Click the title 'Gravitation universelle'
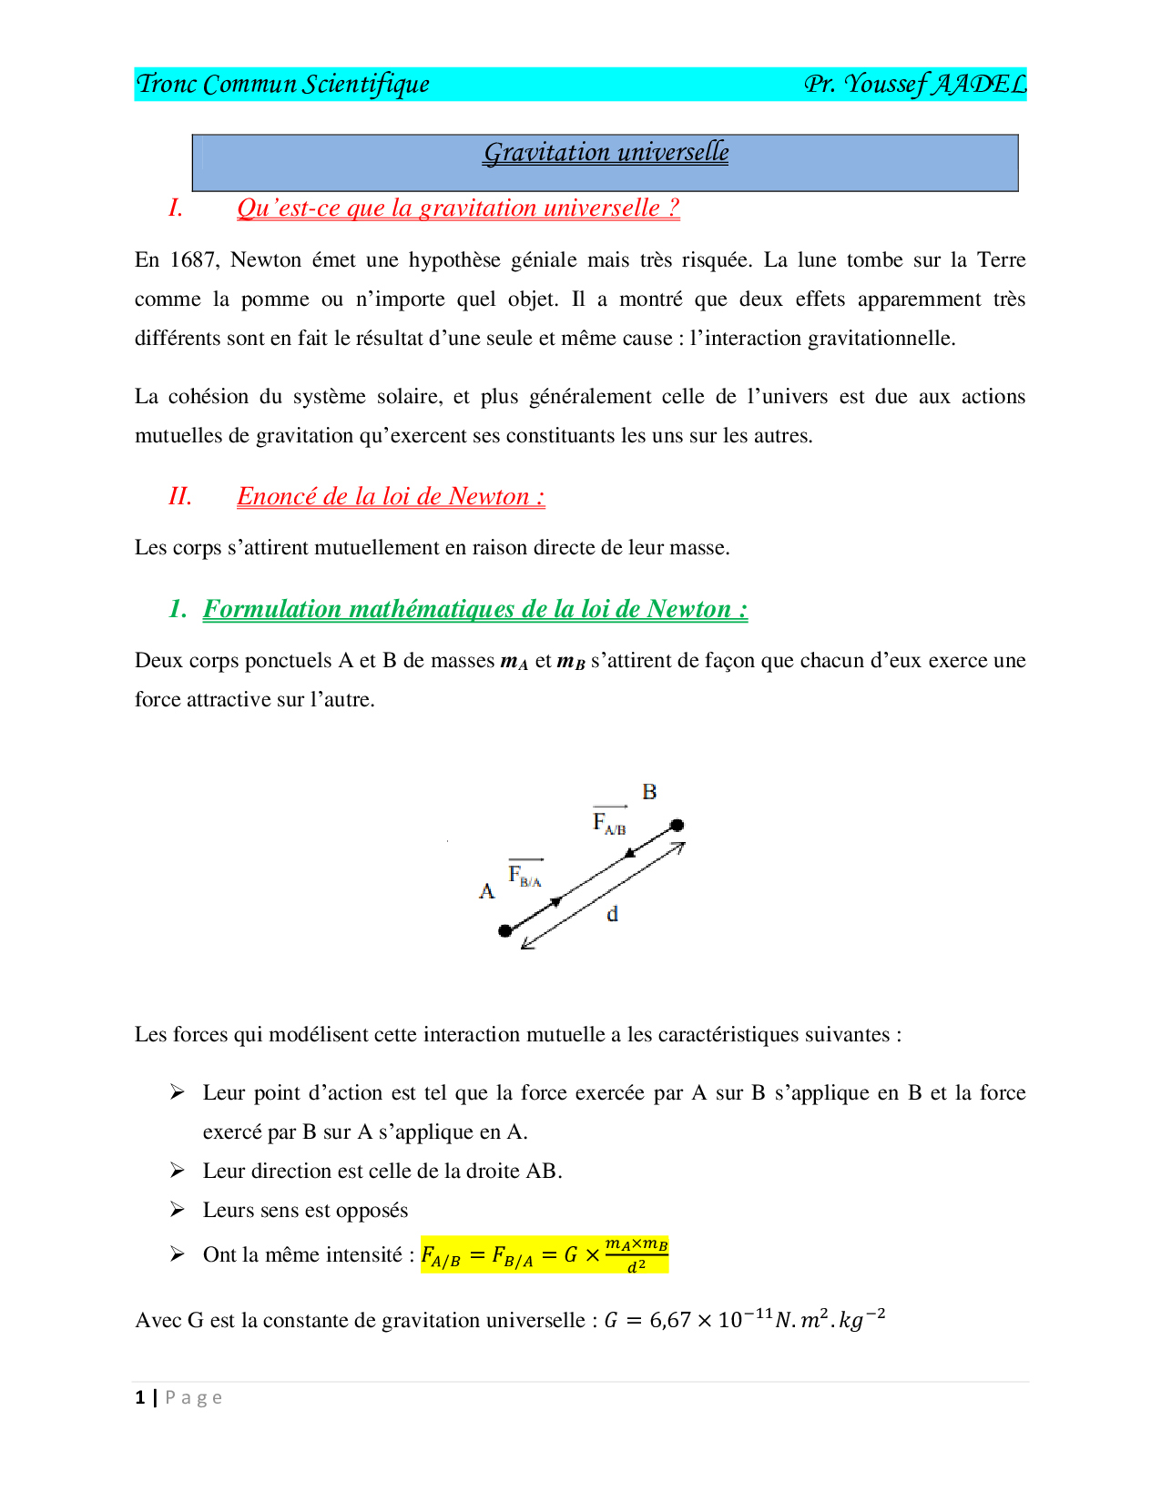606,153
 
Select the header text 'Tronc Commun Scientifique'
282,85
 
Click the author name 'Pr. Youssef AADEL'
914,85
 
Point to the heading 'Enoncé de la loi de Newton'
391,497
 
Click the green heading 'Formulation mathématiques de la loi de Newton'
474,609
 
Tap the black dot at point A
505,930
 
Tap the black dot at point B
677,826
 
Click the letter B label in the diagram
649,792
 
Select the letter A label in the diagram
487,891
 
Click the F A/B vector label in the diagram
609,822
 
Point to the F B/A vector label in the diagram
525,875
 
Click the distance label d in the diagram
613,914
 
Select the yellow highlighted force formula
545,1254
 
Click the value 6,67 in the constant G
670,1321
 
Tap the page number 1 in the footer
140,1398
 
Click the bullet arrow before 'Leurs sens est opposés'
178,1210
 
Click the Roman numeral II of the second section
180,497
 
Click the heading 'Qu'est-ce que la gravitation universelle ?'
458,208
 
